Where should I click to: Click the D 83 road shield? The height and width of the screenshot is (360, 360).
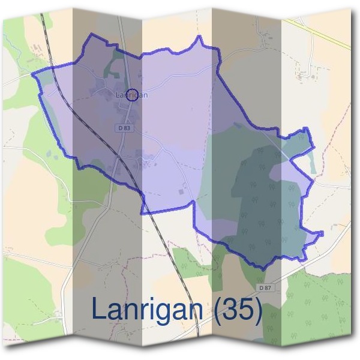click(x=124, y=128)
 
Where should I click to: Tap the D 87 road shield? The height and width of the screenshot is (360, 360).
click(x=266, y=288)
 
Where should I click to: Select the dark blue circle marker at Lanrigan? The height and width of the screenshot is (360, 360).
click(x=133, y=94)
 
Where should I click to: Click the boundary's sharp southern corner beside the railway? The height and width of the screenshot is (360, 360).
click(x=143, y=213)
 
